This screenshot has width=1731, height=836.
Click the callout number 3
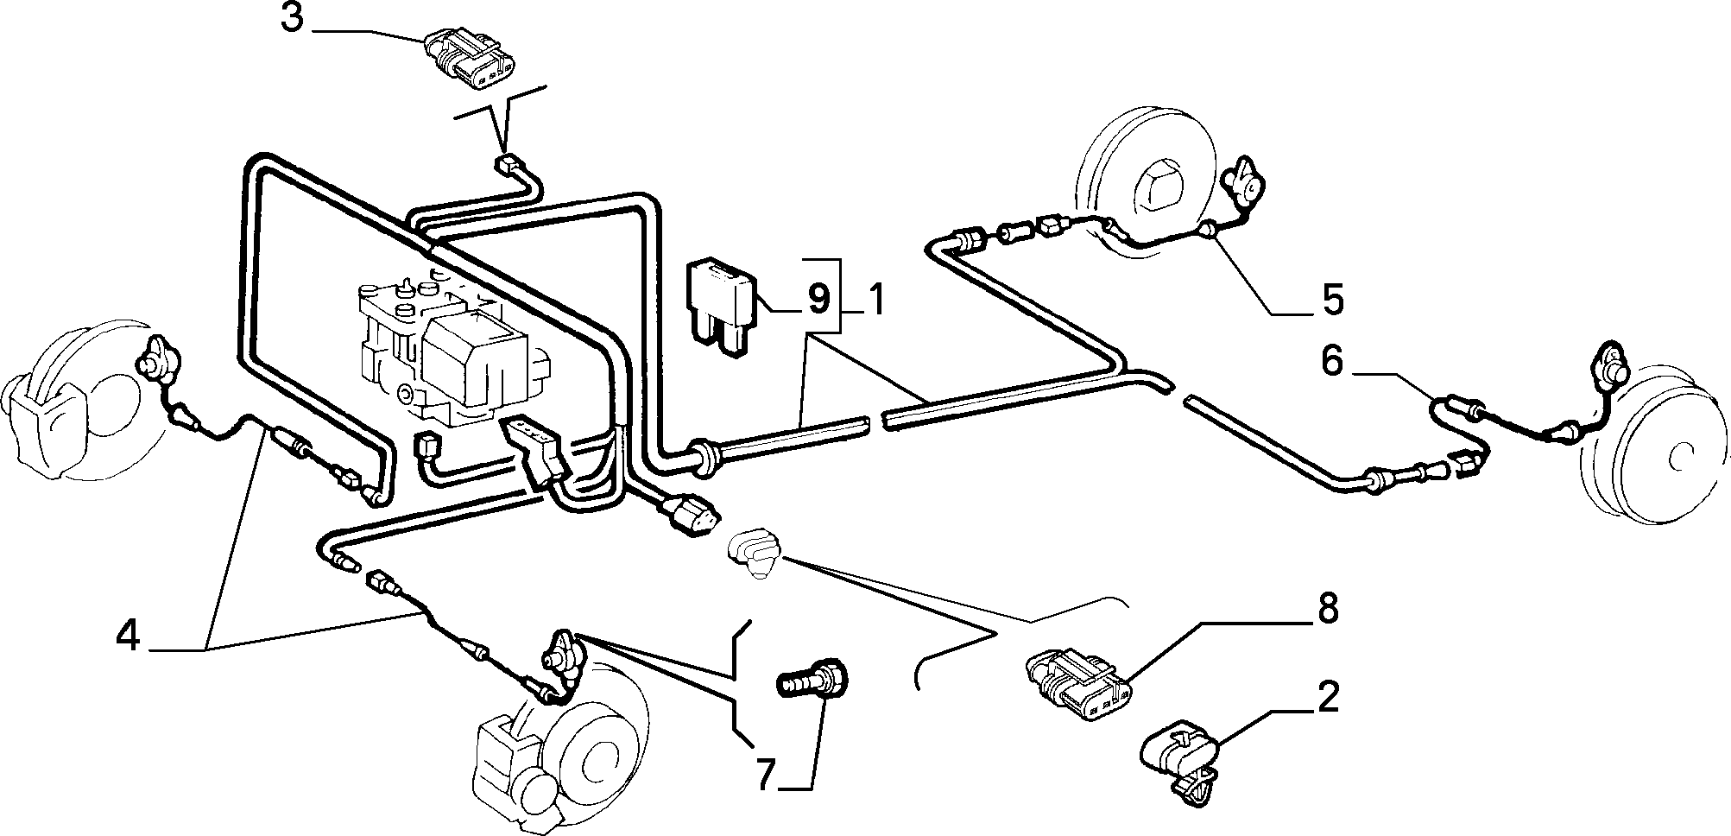pos(293,19)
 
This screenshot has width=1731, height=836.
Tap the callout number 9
pos(818,298)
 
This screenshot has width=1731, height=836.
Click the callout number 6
pos(1332,361)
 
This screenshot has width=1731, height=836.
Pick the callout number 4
pos(128,636)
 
